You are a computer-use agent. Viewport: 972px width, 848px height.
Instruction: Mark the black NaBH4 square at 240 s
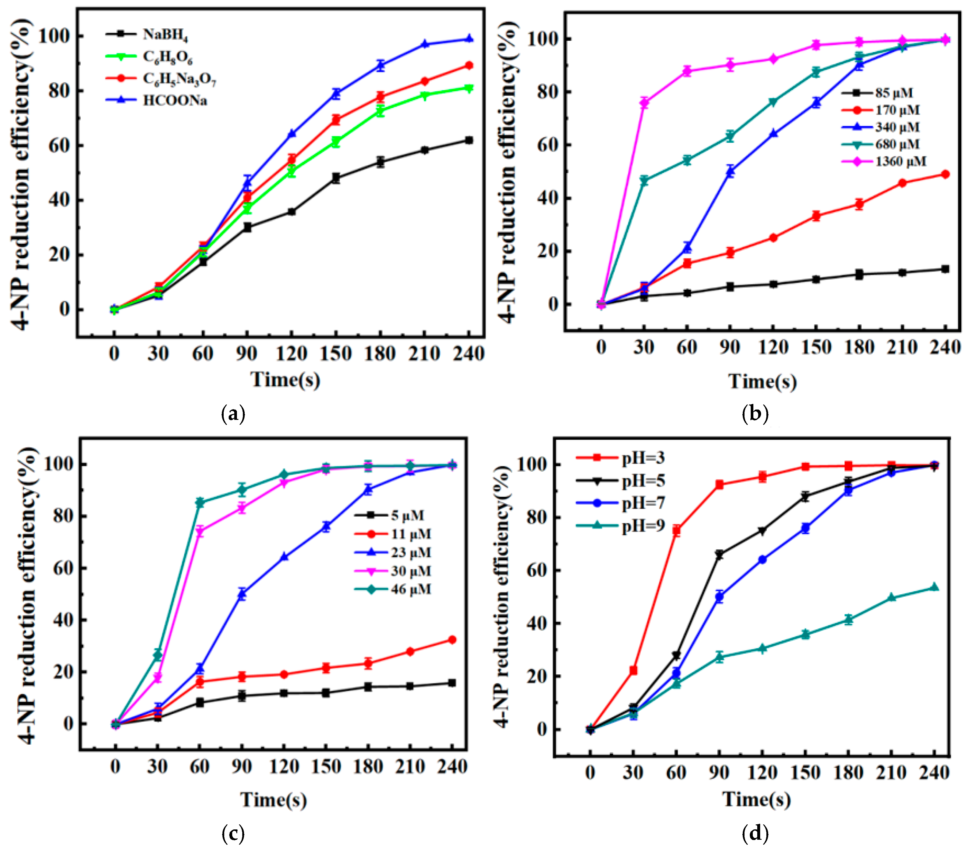[469, 140]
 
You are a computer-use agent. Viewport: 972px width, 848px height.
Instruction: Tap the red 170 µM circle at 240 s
[945, 174]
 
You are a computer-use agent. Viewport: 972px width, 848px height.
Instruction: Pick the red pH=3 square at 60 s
[676, 530]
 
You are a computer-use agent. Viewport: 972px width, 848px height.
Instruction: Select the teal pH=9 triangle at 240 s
[934, 587]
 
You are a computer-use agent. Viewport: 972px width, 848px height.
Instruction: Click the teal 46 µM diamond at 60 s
[200, 502]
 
